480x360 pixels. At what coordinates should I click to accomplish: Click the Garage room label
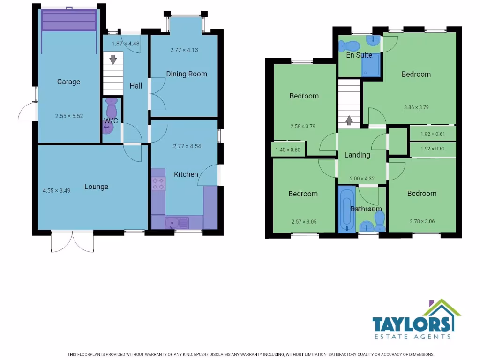[x=68, y=82]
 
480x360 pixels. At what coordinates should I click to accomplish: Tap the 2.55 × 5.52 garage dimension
[x=69, y=116]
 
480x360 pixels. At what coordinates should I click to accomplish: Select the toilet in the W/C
[x=112, y=109]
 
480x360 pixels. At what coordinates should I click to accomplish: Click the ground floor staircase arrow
[x=113, y=60]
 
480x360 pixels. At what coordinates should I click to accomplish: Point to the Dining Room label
[x=186, y=74]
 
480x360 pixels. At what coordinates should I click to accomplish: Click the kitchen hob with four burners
[x=158, y=184]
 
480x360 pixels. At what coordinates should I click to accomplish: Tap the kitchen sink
[x=177, y=222]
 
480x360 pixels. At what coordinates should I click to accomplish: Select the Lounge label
[x=96, y=187]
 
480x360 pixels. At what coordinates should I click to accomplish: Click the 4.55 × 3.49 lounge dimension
[x=56, y=190]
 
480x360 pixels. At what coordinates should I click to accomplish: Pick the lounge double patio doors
[x=73, y=241]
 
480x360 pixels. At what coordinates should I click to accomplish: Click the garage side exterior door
[x=27, y=113]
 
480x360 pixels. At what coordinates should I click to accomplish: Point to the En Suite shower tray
[x=371, y=67]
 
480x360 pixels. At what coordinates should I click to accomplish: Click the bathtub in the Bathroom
[x=346, y=209]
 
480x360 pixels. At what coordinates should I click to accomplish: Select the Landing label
[x=357, y=155]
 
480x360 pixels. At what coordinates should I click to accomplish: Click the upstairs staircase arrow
[x=349, y=120]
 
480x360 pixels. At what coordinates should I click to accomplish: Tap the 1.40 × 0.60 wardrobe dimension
[x=288, y=150]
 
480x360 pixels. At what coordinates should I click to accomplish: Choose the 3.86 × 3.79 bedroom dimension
[x=416, y=107]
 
